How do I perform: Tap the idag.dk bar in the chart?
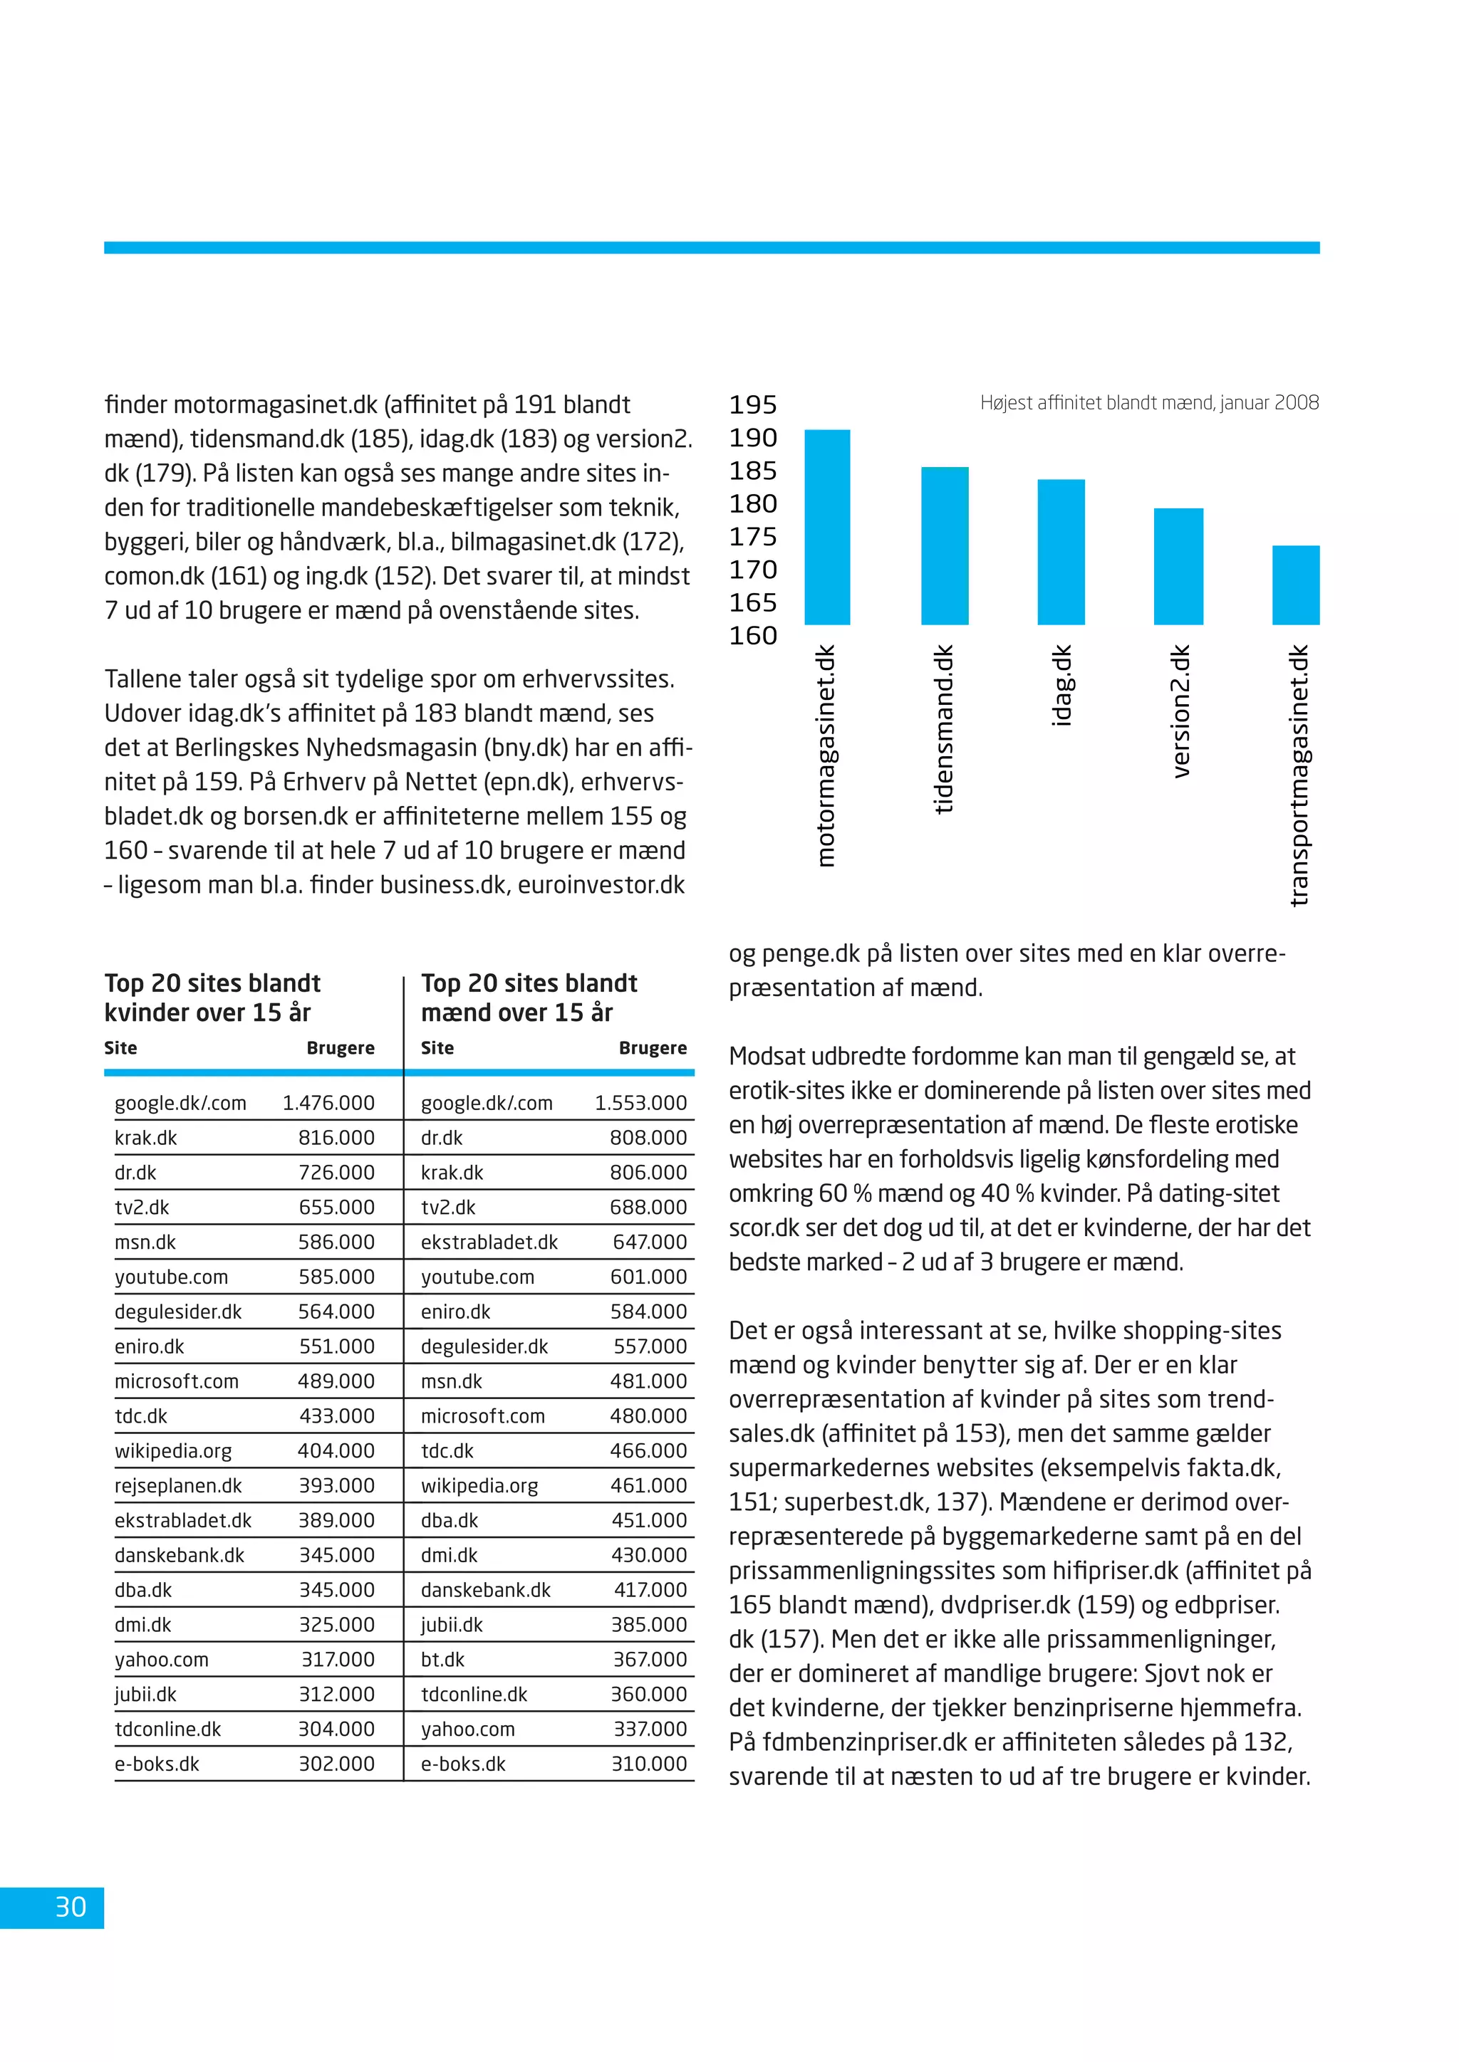(1061, 553)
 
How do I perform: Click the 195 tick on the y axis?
(753, 405)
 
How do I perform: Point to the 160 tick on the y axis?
(753, 636)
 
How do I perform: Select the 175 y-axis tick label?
(753, 537)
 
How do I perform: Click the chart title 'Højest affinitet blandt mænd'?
(1149, 402)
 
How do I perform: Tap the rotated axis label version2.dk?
(1180, 711)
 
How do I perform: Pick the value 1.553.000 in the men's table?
(640, 1103)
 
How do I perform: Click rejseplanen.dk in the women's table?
(178, 1485)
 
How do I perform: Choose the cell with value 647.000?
(650, 1242)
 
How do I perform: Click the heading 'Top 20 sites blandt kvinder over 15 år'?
(212, 998)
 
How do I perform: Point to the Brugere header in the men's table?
(653, 1048)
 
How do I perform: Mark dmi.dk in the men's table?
(450, 1556)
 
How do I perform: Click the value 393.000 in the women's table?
(337, 1485)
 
